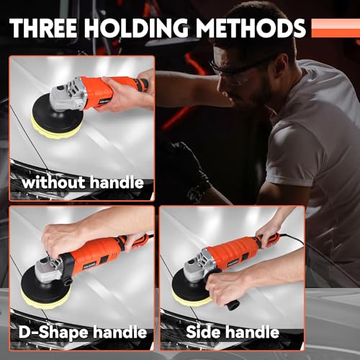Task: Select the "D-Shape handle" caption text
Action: pyautogui.click(x=79, y=332)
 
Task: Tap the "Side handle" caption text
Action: pyautogui.click(x=233, y=332)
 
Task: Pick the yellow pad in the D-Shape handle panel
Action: pyautogui.click(x=45, y=292)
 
